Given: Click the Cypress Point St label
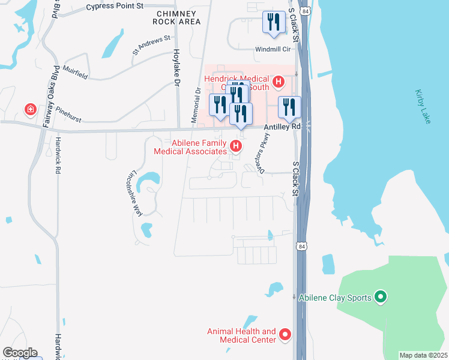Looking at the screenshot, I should [x=115, y=7].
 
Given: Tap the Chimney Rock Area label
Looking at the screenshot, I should [x=178, y=17].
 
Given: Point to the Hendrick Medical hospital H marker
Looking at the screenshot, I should [x=278, y=81].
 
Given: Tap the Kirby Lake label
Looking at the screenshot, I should [x=423, y=107].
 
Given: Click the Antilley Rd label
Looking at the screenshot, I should [x=282, y=127].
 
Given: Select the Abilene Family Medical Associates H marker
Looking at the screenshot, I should [x=237, y=146].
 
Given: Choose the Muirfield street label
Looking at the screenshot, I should [x=74, y=73].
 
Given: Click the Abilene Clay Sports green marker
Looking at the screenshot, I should [x=379, y=296].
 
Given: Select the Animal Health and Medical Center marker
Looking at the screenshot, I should [x=285, y=335].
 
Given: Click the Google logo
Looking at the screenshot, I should [x=19, y=353].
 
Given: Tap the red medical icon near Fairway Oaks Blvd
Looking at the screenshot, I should [x=29, y=109].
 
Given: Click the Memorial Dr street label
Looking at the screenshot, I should [x=196, y=106].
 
